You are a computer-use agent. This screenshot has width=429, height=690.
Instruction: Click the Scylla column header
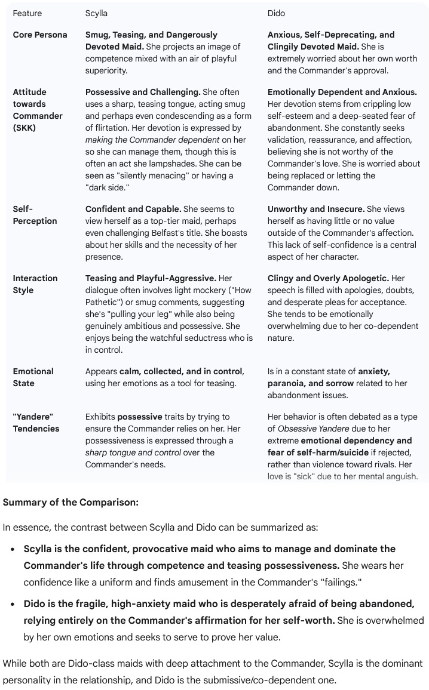[96, 13]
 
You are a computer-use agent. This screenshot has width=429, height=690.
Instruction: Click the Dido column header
[276, 13]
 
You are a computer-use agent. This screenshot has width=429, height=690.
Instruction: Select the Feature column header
[27, 13]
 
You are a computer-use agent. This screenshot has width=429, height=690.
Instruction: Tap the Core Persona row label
[40, 35]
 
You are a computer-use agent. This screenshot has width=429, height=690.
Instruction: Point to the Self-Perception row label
[35, 215]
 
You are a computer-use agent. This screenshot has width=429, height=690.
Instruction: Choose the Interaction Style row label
[35, 284]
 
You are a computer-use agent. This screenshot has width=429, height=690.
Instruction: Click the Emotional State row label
[33, 377]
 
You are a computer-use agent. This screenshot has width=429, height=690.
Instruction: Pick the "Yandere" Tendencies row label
[36, 423]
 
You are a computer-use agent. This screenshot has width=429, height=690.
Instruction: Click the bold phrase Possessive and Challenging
[142, 92]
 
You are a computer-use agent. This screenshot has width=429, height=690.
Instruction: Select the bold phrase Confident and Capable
[133, 209]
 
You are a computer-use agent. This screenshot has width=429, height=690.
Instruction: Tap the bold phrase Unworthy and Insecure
[316, 209]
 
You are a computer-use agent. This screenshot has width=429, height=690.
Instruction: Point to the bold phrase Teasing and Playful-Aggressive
[151, 278]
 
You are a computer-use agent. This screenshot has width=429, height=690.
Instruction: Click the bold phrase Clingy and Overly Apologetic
[328, 278]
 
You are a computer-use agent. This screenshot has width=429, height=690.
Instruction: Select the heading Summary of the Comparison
[71, 502]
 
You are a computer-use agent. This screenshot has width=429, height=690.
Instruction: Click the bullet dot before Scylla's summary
[13, 549]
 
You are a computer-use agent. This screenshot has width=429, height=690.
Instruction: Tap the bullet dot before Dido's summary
[13, 605]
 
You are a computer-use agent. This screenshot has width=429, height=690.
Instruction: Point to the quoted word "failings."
[341, 581]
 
